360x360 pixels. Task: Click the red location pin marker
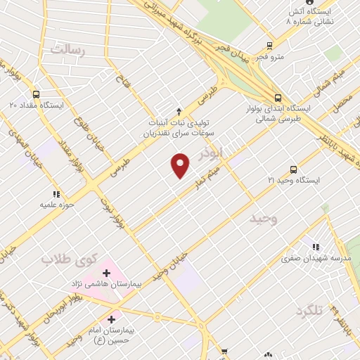pyautogui.click(x=181, y=165)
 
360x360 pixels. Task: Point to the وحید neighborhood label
pyautogui.click(x=264, y=219)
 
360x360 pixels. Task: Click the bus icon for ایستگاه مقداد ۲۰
pyautogui.click(x=36, y=94)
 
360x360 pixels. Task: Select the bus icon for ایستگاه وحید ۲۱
pyautogui.click(x=293, y=169)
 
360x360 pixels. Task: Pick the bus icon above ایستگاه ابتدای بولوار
pyautogui.click(x=278, y=98)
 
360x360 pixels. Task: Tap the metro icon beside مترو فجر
pyautogui.click(x=269, y=46)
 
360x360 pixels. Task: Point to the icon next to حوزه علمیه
pyautogui.click(x=55, y=194)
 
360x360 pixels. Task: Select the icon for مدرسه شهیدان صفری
pyautogui.click(x=316, y=247)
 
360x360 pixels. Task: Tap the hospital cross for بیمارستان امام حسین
pyautogui.click(x=110, y=319)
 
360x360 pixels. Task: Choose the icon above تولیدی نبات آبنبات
pyautogui.click(x=179, y=111)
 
